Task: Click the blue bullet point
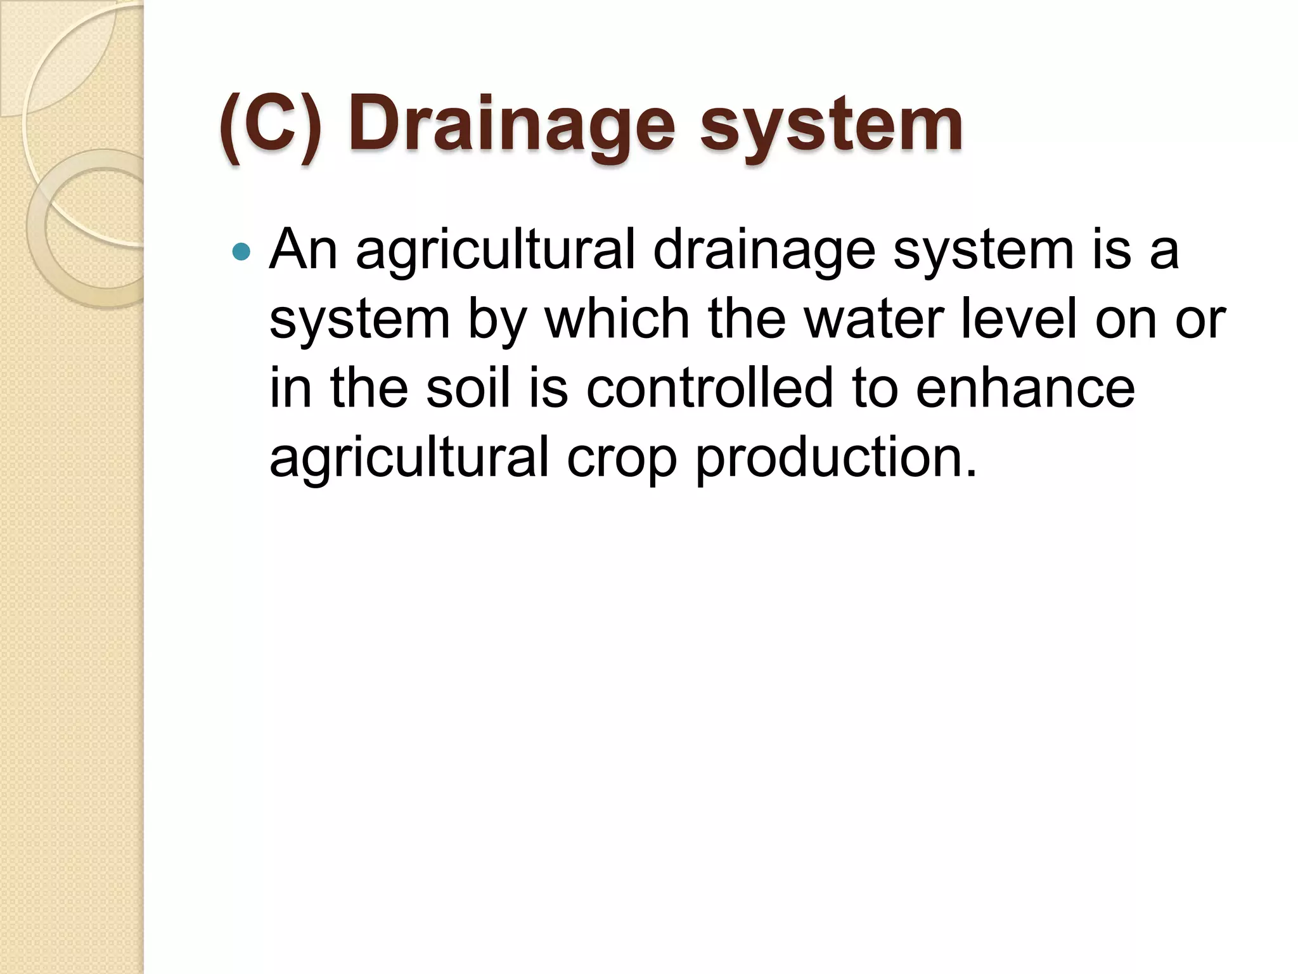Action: click(x=241, y=252)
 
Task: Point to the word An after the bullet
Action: click(x=304, y=250)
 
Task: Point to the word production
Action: click(x=836, y=458)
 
